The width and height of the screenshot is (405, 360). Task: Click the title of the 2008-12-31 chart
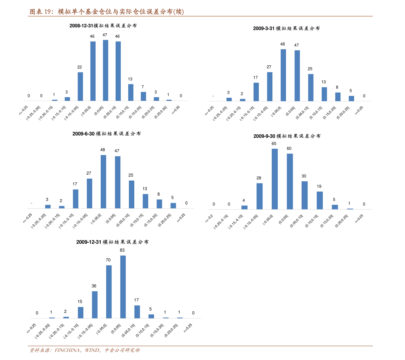point(103,26)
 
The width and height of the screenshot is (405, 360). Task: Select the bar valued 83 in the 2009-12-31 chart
point(123,287)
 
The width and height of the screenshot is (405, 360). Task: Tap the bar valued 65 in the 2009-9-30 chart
point(274,179)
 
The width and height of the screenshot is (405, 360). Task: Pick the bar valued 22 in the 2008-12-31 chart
point(80,86)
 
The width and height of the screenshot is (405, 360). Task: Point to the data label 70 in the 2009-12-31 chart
point(108,260)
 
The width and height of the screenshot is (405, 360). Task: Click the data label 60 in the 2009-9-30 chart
point(289,148)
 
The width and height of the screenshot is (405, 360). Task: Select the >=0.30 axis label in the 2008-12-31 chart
point(176,111)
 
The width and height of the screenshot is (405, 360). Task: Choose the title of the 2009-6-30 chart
point(106,134)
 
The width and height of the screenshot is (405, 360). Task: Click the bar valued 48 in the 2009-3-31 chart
point(283,75)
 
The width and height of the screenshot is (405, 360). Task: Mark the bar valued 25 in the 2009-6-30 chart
point(131,194)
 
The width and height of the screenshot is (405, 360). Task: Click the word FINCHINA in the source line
point(67,350)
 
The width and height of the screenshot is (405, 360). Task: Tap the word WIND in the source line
point(92,350)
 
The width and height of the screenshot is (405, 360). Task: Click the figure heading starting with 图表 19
point(106,12)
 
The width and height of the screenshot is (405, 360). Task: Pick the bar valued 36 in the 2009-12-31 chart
point(95,305)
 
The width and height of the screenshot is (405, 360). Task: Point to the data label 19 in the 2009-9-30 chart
point(319,186)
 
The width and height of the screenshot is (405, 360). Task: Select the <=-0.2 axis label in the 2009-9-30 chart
point(209,218)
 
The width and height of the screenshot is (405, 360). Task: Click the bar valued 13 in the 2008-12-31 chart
point(131,92)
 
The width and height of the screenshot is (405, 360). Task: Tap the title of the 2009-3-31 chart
point(286,29)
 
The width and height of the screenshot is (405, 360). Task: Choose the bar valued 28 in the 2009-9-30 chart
point(259,196)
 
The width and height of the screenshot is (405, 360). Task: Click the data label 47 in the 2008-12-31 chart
point(105,35)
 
